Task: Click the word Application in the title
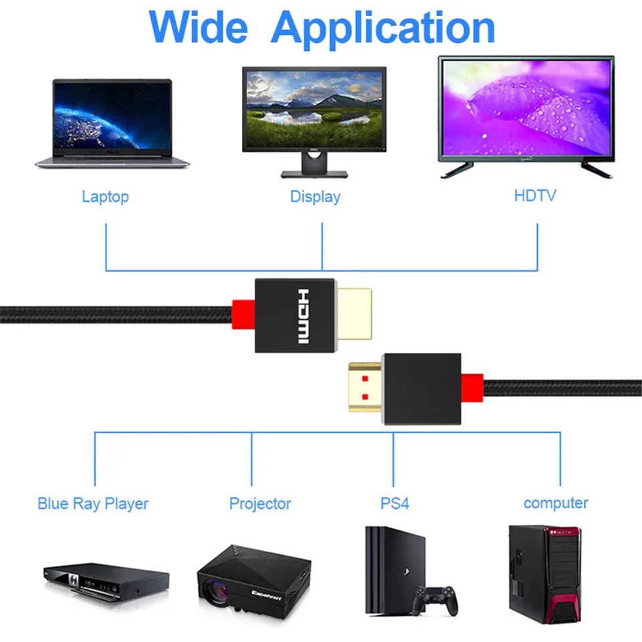(x=383, y=28)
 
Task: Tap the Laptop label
(x=105, y=197)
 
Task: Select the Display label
(x=315, y=197)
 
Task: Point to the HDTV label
(x=534, y=196)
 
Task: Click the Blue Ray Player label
(x=93, y=504)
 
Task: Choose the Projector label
(x=260, y=504)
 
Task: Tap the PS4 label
(x=395, y=503)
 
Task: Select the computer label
(x=556, y=503)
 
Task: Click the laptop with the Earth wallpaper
(x=112, y=120)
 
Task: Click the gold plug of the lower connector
(x=365, y=392)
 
